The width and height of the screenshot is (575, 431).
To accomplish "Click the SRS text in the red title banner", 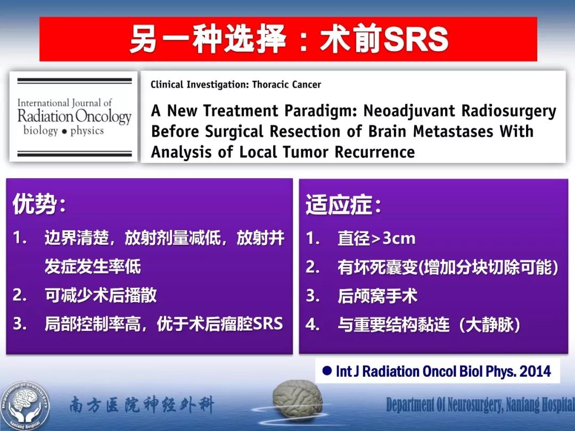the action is tap(416, 39).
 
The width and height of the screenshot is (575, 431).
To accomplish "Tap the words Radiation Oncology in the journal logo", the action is tap(75, 117).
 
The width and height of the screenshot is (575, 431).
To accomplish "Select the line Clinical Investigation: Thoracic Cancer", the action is tap(236, 85).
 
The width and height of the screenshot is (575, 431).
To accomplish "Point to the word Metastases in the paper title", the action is tap(453, 131).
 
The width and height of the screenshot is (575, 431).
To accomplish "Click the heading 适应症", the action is tap(343, 204).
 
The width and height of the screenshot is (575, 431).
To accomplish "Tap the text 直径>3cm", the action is tap(376, 238).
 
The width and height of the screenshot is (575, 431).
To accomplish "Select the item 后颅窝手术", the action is tap(377, 296).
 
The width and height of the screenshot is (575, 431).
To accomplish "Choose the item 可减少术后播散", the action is tap(101, 295).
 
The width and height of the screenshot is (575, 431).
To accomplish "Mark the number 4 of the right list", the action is tap(312, 325).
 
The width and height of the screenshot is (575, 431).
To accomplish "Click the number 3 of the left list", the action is tap(19, 324).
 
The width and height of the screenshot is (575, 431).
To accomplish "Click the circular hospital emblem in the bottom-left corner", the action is tap(24, 405).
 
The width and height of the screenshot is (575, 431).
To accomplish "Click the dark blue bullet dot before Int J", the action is tap(327, 371).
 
